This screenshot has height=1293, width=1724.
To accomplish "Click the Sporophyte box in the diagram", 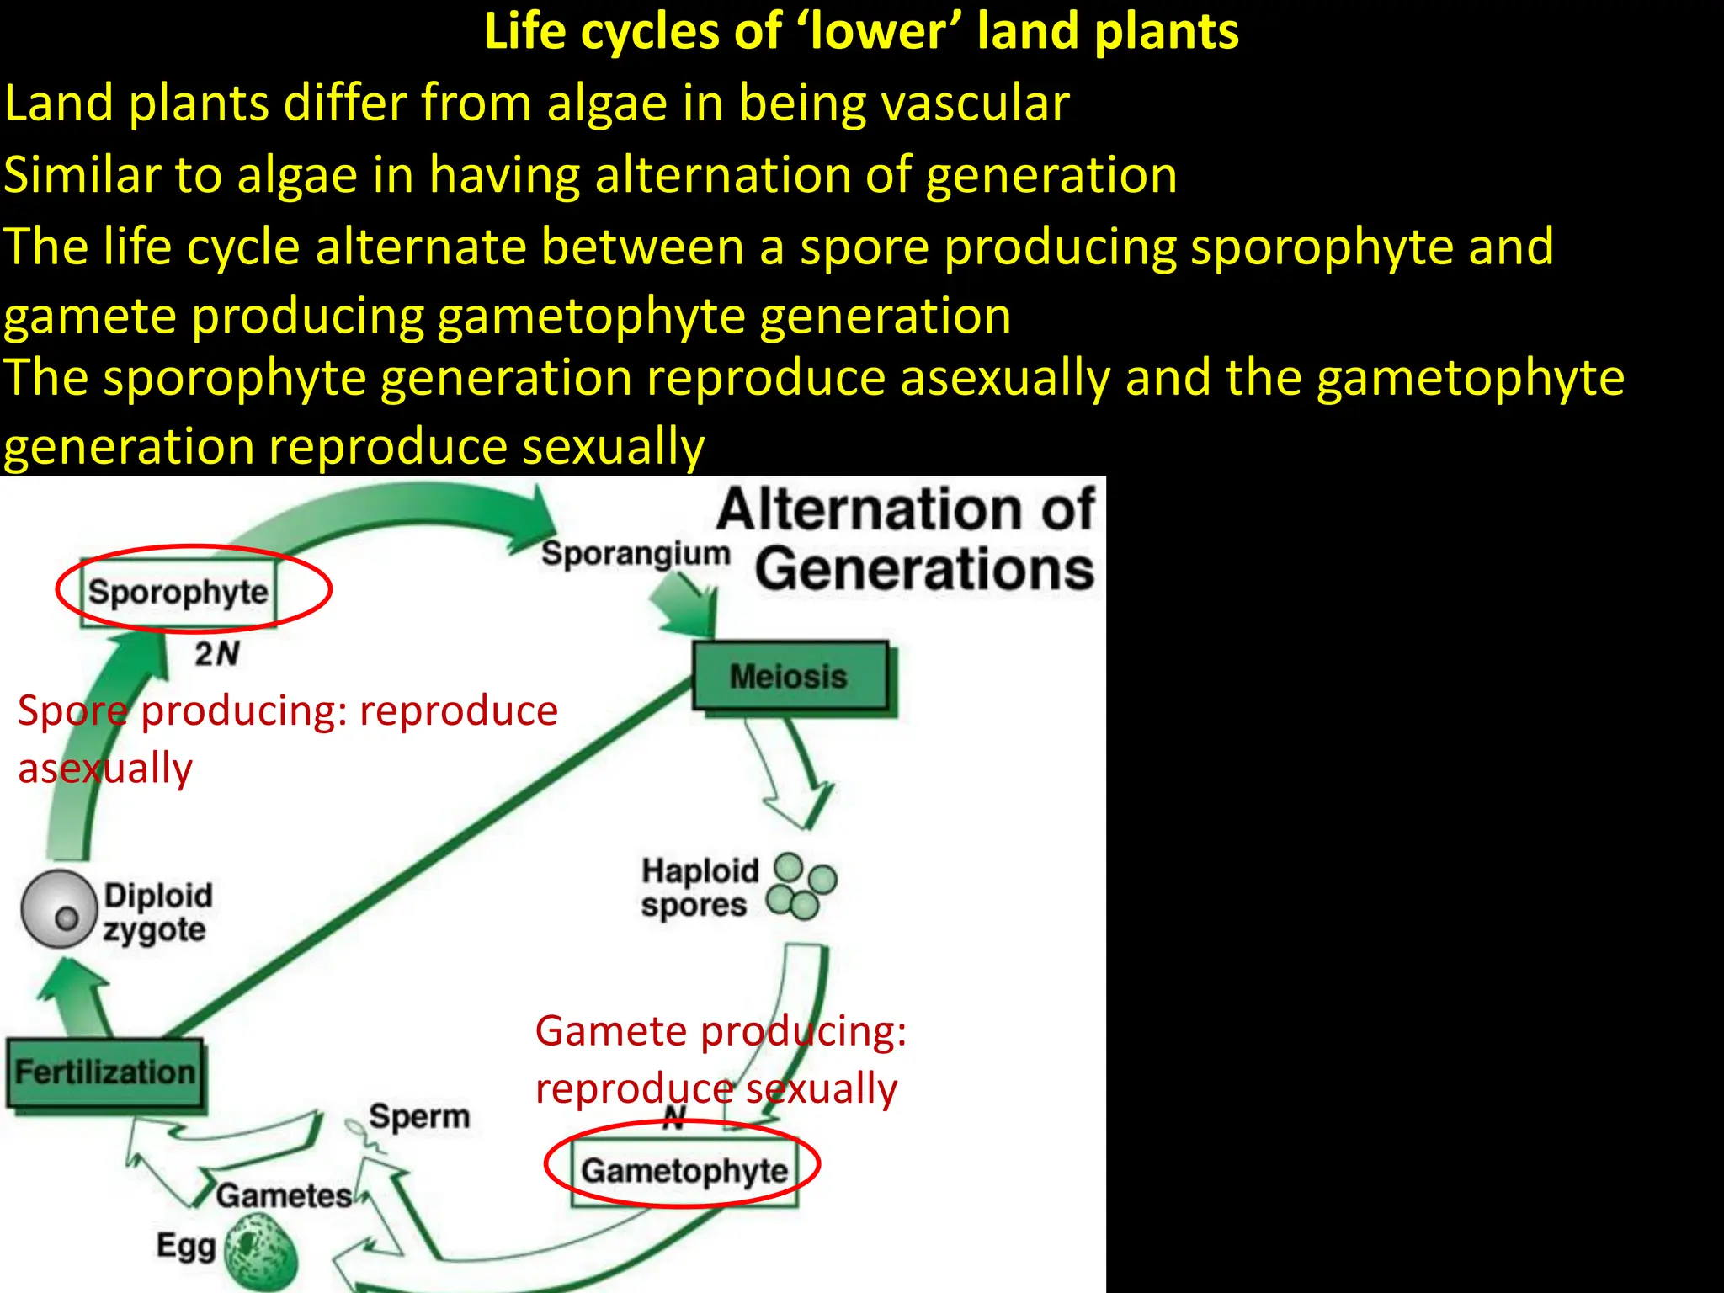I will pyautogui.click(x=178, y=593).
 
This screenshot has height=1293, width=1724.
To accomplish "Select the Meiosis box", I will pyautogui.click(x=790, y=677).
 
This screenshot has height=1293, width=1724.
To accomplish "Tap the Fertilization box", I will pyautogui.click(x=105, y=1072).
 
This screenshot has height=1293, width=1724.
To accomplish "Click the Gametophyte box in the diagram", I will pyautogui.click(x=684, y=1171).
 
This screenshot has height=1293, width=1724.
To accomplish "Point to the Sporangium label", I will pyautogui.click(x=636, y=554).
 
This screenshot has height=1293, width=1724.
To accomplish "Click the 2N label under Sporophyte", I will pyautogui.click(x=217, y=654).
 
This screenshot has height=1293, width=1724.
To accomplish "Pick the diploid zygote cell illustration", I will pyautogui.click(x=59, y=909).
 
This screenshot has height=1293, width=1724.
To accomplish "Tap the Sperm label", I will pyautogui.click(x=419, y=1117).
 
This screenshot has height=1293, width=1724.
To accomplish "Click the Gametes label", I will pyautogui.click(x=284, y=1196).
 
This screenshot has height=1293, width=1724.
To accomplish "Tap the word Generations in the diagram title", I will pyautogui.click(x=924, y=570).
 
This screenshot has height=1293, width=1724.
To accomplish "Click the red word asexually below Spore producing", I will pyautogui.click(x=105, y=769).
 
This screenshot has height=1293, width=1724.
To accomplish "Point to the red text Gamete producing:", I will pyautogui.click(x=721, y=1031).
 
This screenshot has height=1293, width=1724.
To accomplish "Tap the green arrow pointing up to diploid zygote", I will pyautogui.click(x=73, y=998).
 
